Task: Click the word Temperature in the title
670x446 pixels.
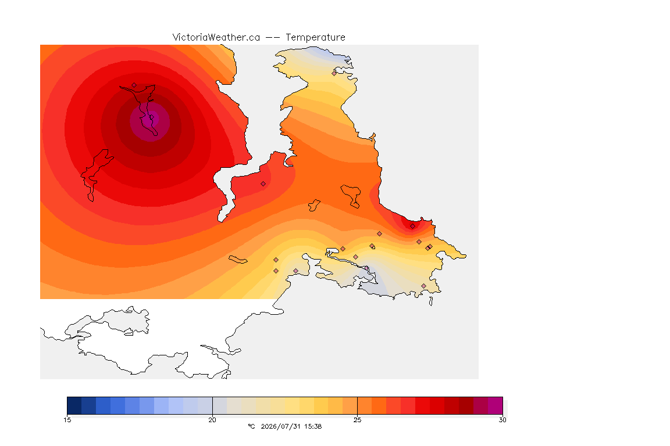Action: pos(315,38)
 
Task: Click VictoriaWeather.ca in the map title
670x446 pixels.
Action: pos(216,38)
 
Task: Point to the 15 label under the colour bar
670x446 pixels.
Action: pos(67,420)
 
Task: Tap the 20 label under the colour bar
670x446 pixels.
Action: pos(212,420)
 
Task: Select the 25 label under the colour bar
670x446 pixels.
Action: pos(357,420)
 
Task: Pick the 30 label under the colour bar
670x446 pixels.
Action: pos(502,420)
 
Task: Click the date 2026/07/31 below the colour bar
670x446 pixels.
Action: pos(280,426)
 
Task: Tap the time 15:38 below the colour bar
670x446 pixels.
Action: pos(313,426)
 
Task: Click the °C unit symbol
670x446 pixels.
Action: pos(251,426)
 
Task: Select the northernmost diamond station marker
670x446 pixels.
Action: pos(334,73)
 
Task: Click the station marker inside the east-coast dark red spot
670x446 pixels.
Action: pos(412,226)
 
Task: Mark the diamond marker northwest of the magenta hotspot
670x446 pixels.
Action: pos(134,85)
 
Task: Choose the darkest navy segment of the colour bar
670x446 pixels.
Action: pos(74,405)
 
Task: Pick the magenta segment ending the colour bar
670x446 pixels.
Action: pos(496,405)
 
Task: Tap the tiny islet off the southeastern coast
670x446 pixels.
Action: pos(431,301)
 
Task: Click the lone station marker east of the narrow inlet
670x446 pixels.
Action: pos(263,184)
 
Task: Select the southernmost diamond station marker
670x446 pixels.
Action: pos(423,286)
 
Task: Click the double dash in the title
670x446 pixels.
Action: pos(273,38)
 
